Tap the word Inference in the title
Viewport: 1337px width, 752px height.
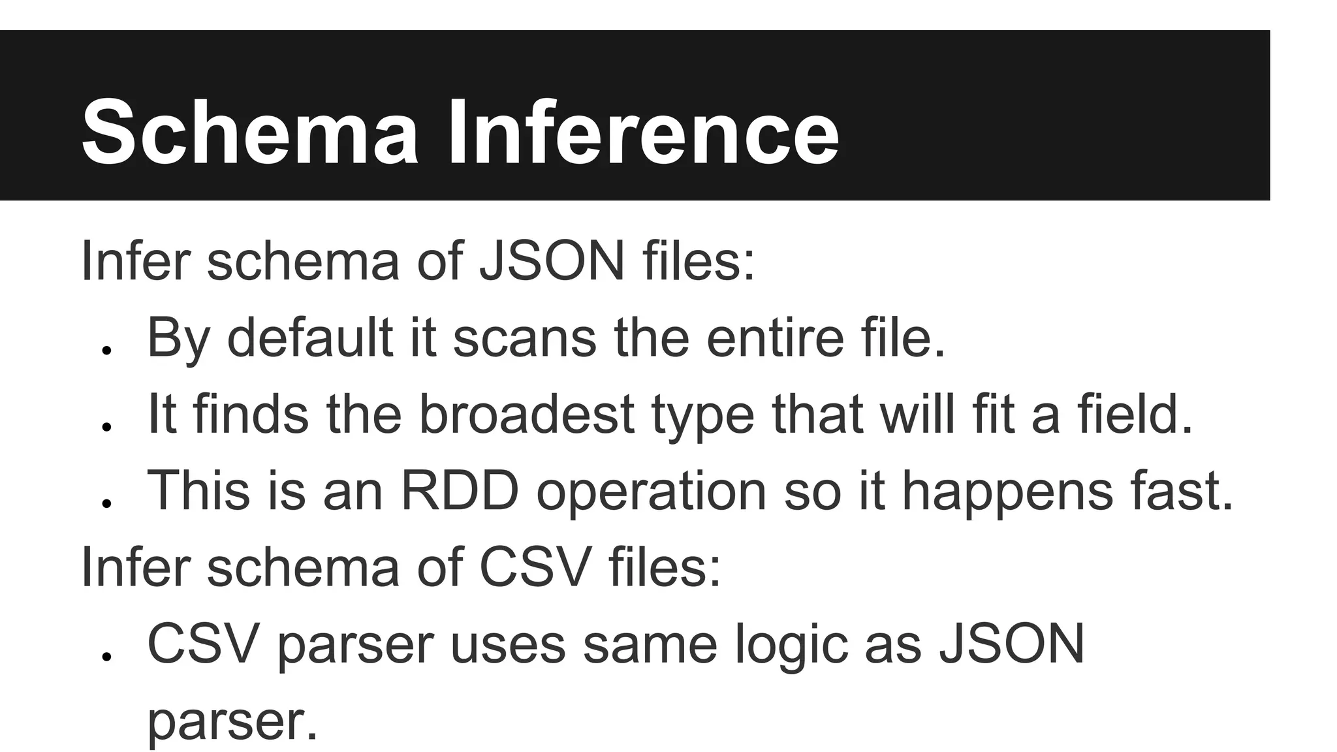coord(643,132)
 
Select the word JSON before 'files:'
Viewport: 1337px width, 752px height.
coord(552,261)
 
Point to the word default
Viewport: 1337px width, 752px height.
coord(310,337)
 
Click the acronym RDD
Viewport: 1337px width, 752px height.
coord(460,490)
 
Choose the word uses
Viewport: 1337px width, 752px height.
coord(508,644)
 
